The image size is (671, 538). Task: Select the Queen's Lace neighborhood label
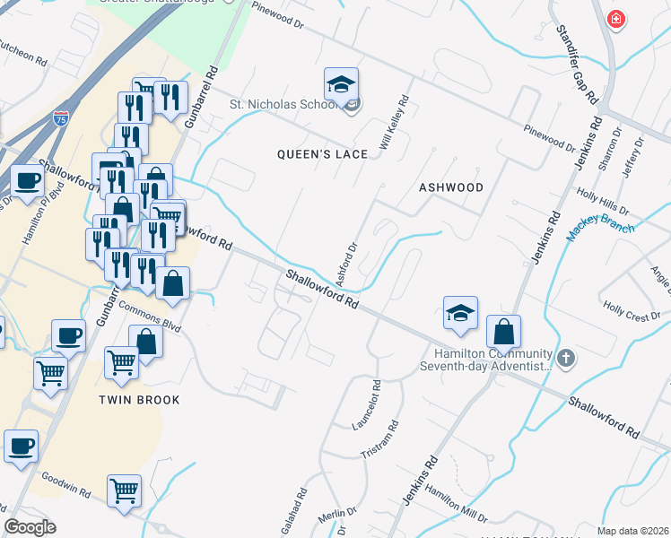322,154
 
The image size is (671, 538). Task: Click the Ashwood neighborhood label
451,187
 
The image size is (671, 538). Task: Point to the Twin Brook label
139,400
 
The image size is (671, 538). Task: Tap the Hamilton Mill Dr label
456,504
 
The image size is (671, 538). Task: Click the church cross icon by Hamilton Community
565,360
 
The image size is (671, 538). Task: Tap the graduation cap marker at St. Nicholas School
341,84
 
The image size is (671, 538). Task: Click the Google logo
30,527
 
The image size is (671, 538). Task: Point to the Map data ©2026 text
633,531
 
